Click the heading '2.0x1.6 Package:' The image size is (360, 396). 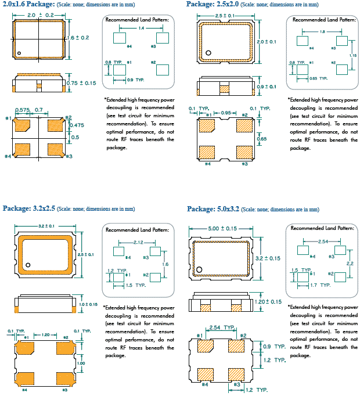click(27, 5)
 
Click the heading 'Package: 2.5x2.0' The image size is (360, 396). click(212, 5)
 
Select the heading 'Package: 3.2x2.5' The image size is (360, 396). click(30, 208)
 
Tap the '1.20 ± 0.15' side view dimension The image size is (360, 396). click(268, 302)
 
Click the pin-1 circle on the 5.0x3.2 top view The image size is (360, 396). click(199, 269)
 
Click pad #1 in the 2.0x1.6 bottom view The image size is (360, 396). click(23, 124)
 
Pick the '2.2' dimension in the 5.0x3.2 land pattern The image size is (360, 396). click(350, 263)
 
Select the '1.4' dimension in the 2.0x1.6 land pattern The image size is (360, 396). click(141, 27)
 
